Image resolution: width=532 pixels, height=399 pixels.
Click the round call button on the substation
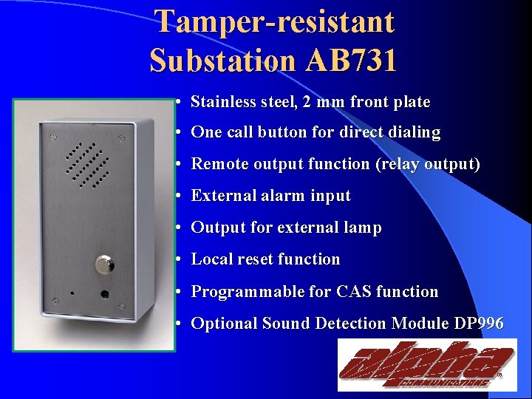(x=103, y=264)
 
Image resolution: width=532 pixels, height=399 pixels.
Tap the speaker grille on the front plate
(x=87, y=163)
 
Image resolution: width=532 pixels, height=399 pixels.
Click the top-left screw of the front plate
(x=53, y=137)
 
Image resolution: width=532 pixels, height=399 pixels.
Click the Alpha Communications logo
(x=427, y=364)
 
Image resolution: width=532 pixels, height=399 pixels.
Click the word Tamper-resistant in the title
(x=275, y=22)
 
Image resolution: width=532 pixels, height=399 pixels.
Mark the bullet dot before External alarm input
(x=180, y=197)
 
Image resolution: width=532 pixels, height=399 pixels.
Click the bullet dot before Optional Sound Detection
(x=180, y=324)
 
